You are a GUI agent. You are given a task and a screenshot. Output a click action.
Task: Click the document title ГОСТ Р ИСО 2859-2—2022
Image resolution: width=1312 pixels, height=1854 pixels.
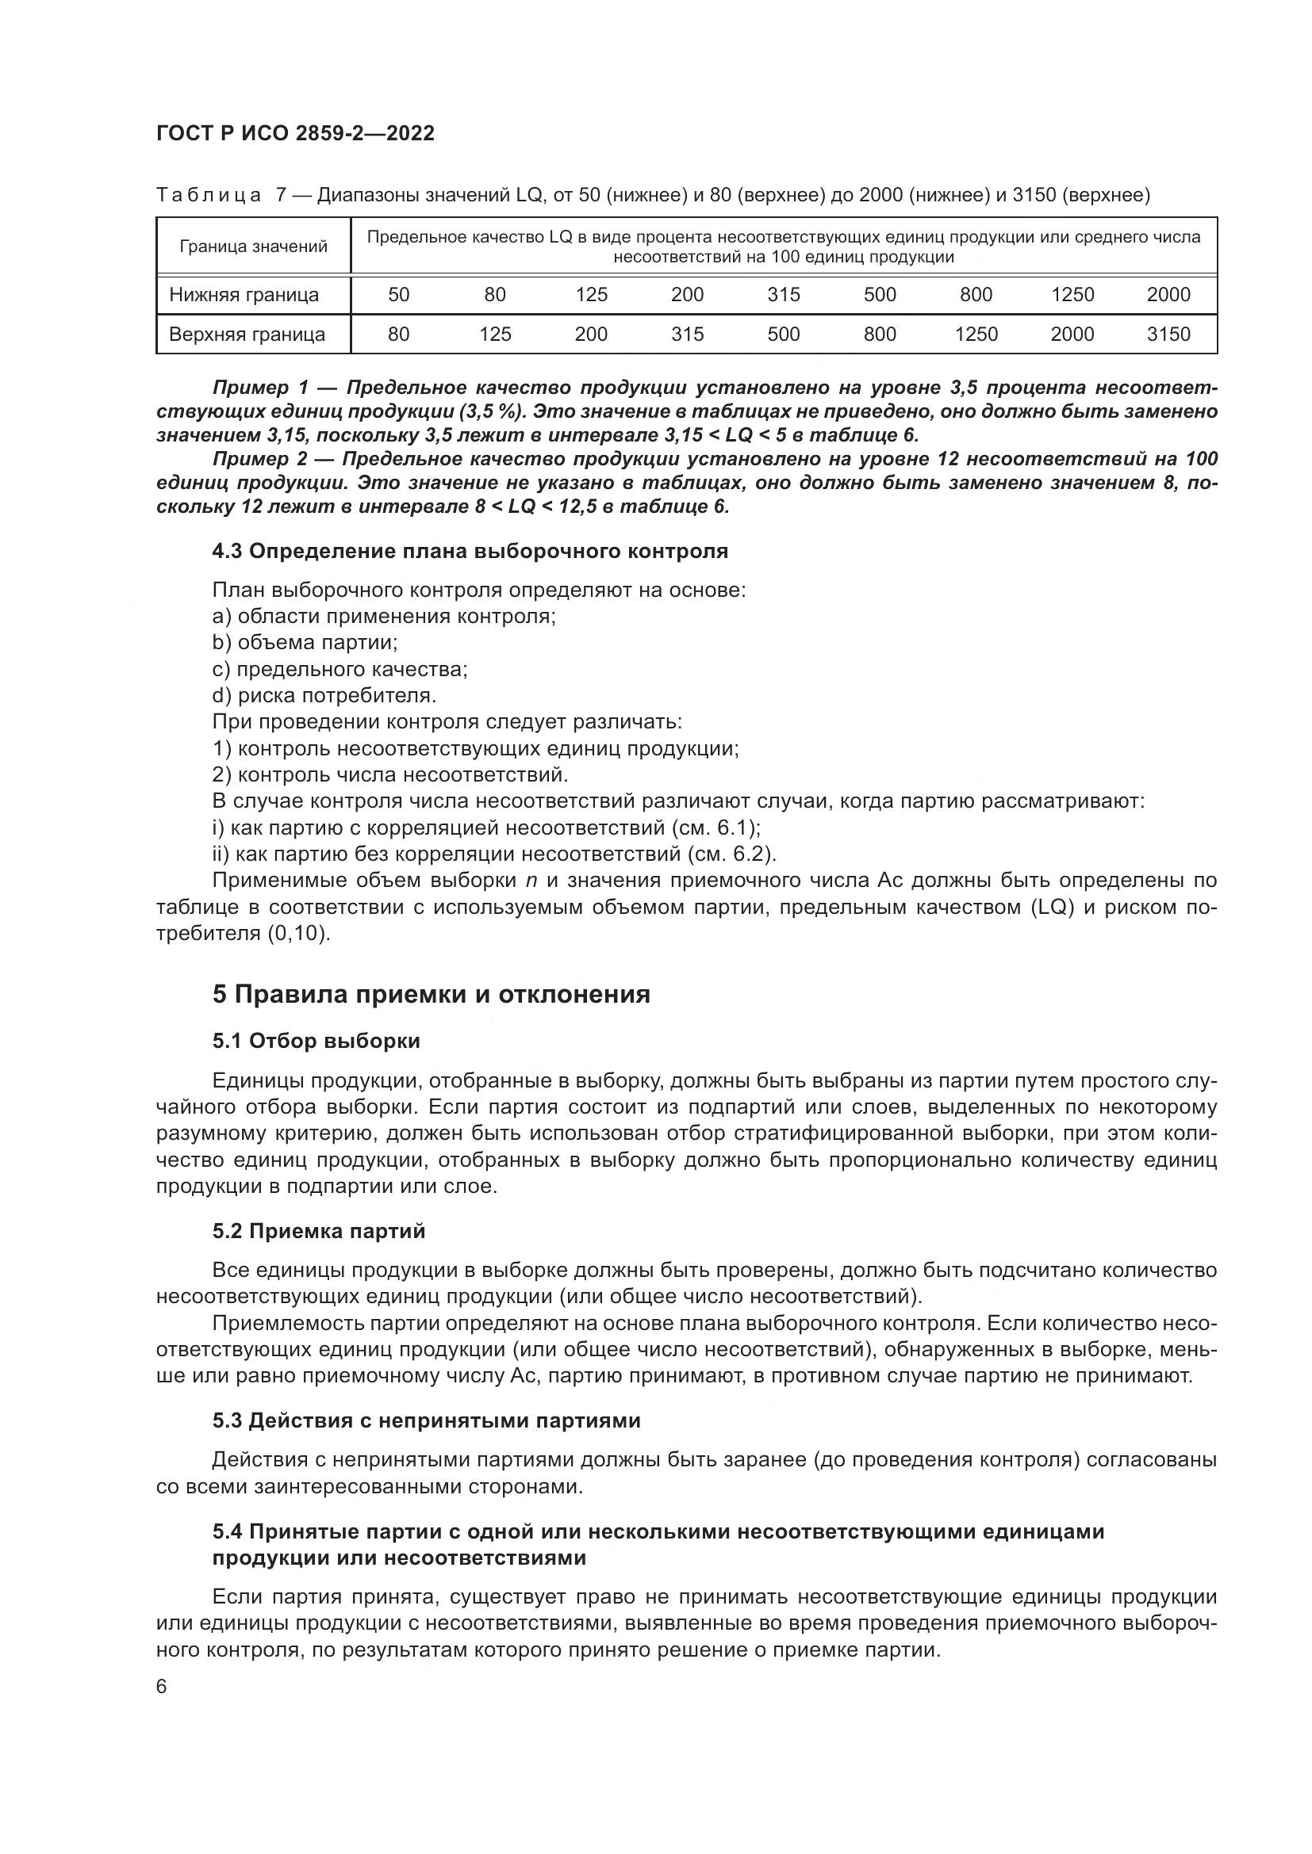pos(295,134)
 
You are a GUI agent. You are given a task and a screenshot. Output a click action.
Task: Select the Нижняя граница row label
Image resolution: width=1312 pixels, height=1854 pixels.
pos(244,295)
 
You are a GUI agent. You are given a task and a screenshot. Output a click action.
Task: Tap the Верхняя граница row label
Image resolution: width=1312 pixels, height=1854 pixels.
pos(247,334)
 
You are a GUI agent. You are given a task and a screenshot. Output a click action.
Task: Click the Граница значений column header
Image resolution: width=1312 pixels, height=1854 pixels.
pos(254,247)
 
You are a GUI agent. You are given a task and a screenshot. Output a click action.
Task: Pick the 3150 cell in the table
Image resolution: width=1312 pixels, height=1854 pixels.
pos(1168,334)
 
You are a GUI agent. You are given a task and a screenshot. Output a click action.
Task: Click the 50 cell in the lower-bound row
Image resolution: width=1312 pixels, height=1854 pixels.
pos(399,295)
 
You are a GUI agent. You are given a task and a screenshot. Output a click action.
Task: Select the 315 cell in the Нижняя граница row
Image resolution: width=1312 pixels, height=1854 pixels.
pos(784,295)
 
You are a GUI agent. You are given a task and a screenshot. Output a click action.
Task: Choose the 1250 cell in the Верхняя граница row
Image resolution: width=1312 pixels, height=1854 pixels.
pos(976,334)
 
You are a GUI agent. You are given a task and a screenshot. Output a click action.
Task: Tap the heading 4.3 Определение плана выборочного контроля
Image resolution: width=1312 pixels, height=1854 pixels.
pos(470,552)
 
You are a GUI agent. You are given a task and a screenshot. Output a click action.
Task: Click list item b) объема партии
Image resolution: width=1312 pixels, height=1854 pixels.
pos(305,643)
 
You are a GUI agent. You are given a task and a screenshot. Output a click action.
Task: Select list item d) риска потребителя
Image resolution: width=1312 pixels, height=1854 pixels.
pos(324,695)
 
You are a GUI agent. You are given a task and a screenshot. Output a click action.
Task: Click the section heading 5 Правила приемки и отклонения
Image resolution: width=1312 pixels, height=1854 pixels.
pos(432,994)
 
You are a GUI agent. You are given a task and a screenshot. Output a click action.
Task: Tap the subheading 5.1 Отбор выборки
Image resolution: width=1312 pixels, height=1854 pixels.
pos(316,1041)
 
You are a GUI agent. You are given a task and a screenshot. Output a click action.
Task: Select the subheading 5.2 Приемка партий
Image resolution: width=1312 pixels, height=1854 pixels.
pos(319,1232)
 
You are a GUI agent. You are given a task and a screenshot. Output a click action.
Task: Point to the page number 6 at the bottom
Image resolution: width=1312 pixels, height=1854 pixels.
pos(162,1687)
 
